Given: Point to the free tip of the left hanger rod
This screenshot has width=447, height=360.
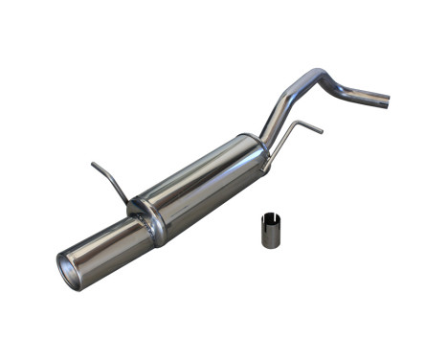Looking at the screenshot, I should [93, 166].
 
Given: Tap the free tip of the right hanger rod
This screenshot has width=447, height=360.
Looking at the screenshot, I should [322, 130].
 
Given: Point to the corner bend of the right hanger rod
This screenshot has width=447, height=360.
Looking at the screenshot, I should [294, 123].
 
